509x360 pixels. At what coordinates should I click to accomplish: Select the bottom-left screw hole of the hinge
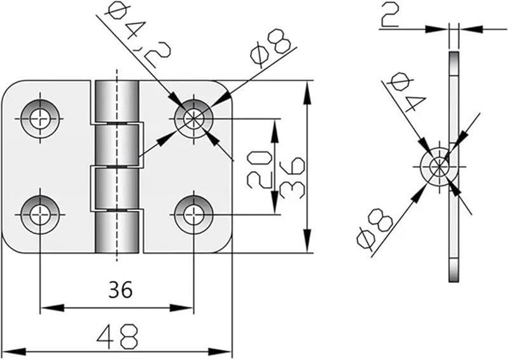[40, 212]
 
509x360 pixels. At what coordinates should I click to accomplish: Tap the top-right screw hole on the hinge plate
[193, 117]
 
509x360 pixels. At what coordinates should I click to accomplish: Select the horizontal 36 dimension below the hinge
[119, 290]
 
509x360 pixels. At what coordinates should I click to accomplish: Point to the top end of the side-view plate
[453, 57]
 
